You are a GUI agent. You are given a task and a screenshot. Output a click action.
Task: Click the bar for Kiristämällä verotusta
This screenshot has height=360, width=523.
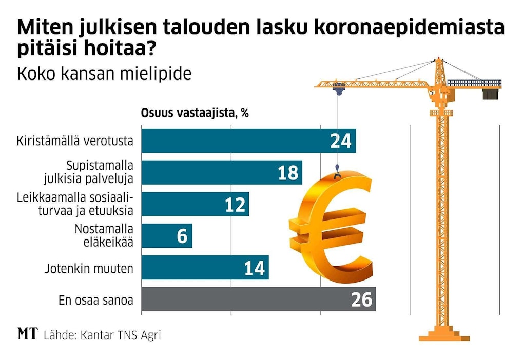point(231,141)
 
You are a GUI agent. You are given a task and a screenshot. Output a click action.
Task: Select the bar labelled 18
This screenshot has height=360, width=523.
point(205,173)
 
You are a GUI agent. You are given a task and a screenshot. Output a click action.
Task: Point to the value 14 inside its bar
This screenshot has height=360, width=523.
point(255,268)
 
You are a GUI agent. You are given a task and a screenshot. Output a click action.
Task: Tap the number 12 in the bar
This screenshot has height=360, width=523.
point(236,205)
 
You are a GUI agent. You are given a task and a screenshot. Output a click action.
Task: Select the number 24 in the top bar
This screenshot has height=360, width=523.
point(341,141)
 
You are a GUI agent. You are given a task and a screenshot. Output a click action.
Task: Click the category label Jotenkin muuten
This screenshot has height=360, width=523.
point(89,268)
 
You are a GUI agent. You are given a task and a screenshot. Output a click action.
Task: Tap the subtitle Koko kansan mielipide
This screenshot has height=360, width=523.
point(104,74)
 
